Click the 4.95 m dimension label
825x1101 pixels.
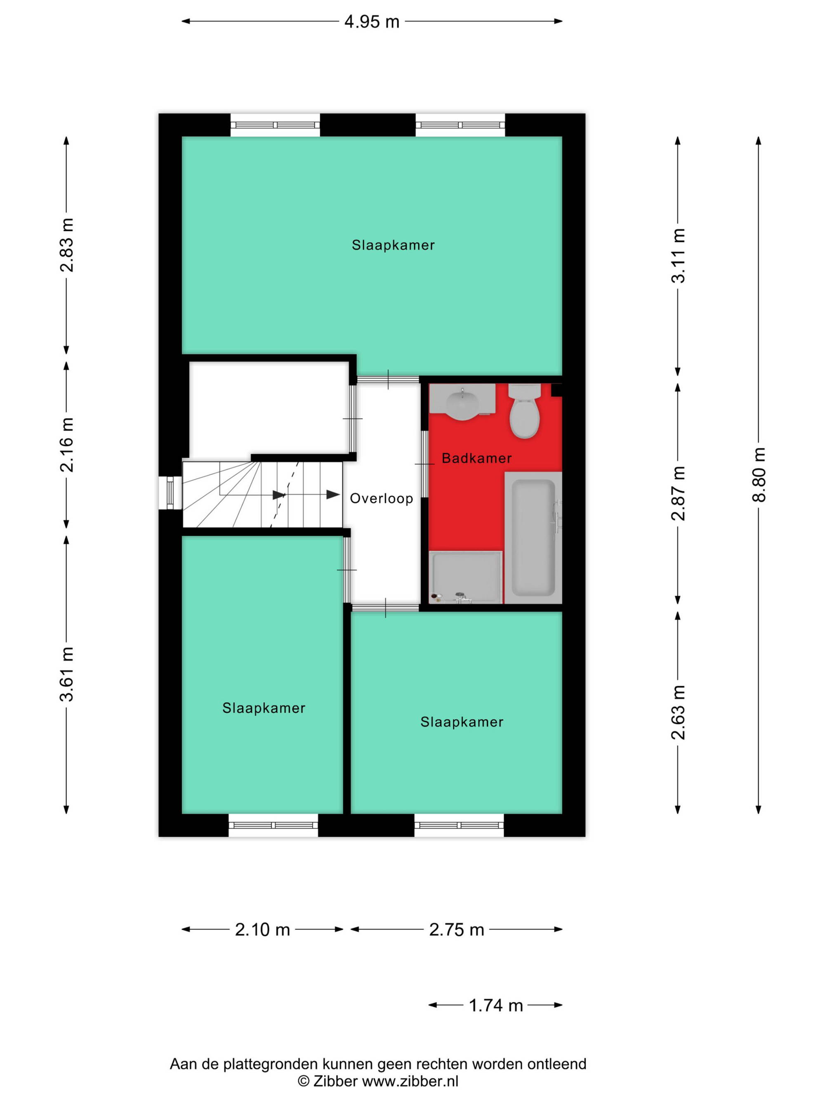pyautogui.click(x=372, y=22)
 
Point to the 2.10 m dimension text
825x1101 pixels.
pyautogui.click(x=262, y=929)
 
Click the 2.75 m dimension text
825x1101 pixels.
pyautogui.click(x=457, y=929)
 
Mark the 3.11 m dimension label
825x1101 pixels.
pyautogui.click(x=678, y=256)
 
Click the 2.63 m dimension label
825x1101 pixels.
pyautogui.click(x=678, y=712)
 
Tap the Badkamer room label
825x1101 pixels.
pyautogui.click(x=476, y=458)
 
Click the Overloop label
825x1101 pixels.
pyautogui.click(x=382, y=498)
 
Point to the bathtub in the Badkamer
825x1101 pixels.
pyautogui.click(x=533, y=537)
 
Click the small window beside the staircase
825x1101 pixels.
pyautogui.click(x=170, y=493)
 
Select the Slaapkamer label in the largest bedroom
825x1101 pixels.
pyautogui.click(x=393, y=245)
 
